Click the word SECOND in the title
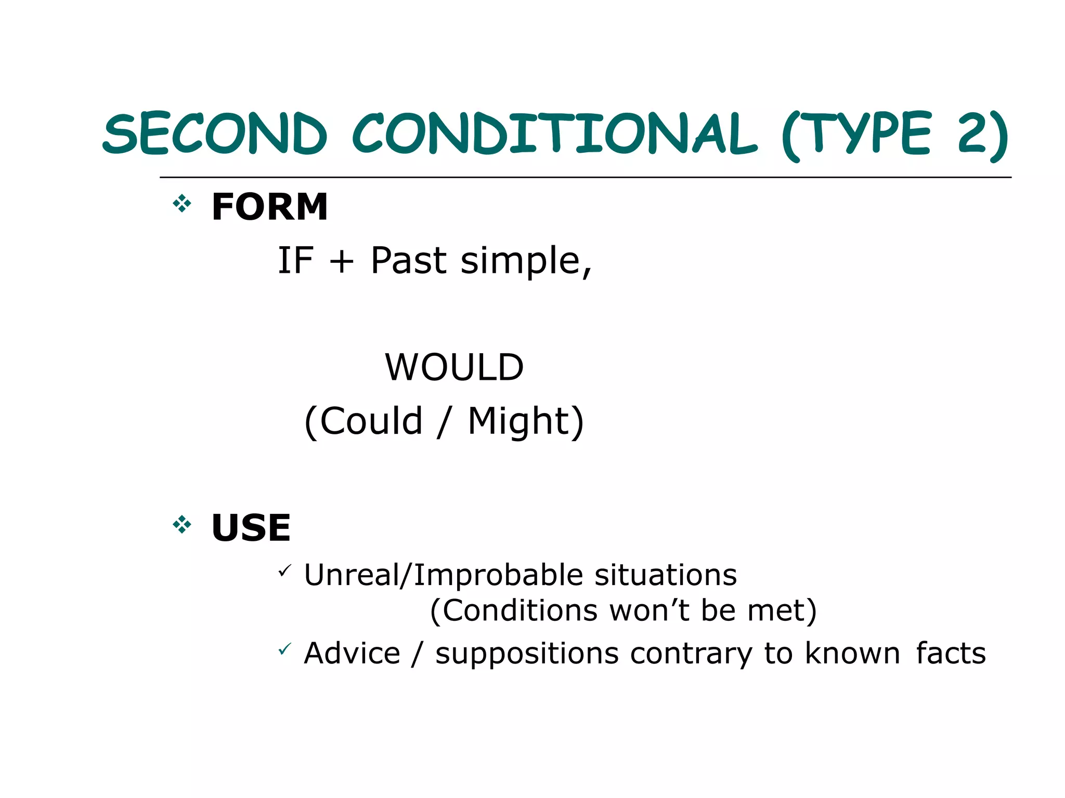pyautogui.click(x=215, y=134)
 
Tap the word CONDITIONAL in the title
pyautogui.click(x=554, y=134)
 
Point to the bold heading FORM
pyautogui.click(x=269, y=207)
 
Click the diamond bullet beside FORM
pyautogui.click(x=182, y=204)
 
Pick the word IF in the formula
pyautogui.click(x=295, y=260)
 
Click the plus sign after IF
pyautogui.click(x=342, y=261)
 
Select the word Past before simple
pyautogui.click(x=408, y=260)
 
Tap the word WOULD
pyautogui.click(x=454, y=367)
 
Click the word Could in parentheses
pyautogui.click(x=371, y=421)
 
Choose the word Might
pyautogui.click(x=519, y=421)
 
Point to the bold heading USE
pyautogui.click(x=251, y=528)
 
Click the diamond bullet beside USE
pyautogui.click(x=182, y=525)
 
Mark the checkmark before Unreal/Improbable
pyautogui.click(x=284, y=571)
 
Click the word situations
pyautogui.click(x=666, y=575)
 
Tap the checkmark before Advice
pyautogui.click(x=284, y=649)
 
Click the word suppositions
pyautogui.click(x=527, y=654)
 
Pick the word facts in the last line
pyautogui.click(x=951, y=653)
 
